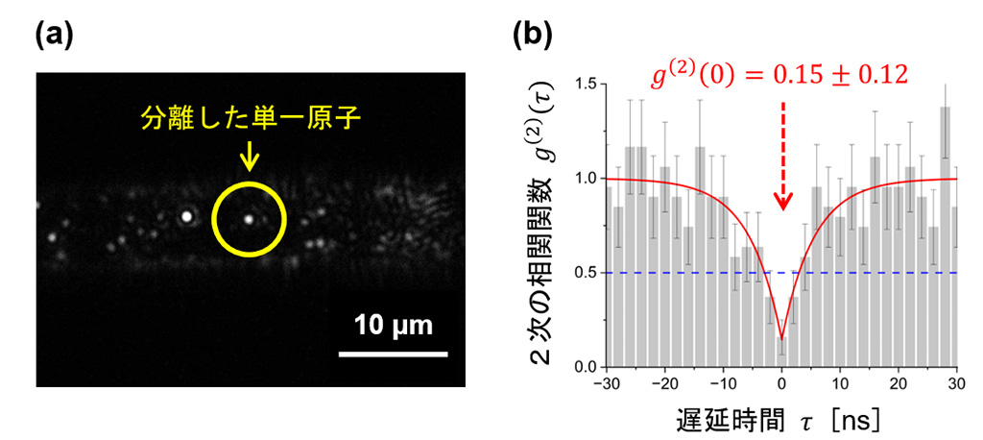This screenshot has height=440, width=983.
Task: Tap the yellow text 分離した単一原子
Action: [248, 123]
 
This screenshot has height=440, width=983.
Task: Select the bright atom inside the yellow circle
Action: [249, 219]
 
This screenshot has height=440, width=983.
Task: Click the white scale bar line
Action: [394, 354]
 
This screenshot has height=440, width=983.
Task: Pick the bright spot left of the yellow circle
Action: [186, 216]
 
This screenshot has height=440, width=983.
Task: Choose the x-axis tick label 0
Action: [782, 383]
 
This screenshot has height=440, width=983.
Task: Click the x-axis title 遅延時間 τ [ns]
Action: [783, 420]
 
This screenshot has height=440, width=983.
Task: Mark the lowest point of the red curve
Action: [782, 338]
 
